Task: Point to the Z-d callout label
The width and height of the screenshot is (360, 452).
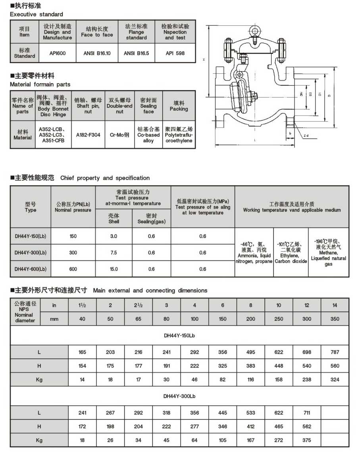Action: (306, 136)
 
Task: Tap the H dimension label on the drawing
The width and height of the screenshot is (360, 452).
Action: (204, 60)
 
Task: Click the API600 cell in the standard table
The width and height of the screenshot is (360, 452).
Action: (58, 53)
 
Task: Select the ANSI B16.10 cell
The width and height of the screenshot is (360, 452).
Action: (97, 53)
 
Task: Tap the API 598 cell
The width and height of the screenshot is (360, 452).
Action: (175, 53)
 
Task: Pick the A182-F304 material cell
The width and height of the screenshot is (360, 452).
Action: (88, 135)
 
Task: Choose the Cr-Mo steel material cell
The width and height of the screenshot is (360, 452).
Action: (120, 135)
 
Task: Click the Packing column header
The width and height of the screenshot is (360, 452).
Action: (179, 106)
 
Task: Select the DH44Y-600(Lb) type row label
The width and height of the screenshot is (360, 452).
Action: (31, 269)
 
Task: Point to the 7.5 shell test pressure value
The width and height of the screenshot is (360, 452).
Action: (114, 253)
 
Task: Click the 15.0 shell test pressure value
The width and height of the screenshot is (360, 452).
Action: (114, 269)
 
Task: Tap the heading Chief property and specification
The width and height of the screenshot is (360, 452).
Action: (105, 178)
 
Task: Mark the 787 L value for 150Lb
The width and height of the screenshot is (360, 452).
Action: (335, 352)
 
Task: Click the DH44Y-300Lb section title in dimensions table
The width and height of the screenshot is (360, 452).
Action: (179, 396)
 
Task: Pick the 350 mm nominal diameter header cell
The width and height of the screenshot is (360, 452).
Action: (335, 319)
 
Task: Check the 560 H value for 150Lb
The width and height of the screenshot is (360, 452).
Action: (335, 366)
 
